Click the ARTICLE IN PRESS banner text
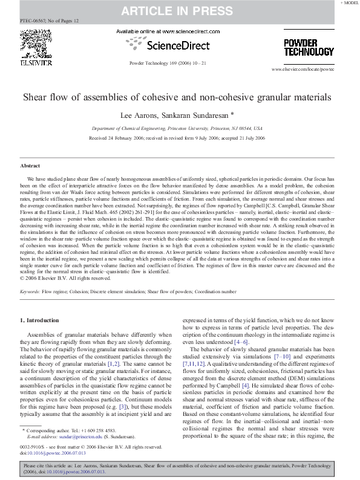(x=179, y=10)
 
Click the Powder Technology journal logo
(x=309, y=47)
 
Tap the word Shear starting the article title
(x=36, y=97)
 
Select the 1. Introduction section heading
(x=40, y=320)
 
